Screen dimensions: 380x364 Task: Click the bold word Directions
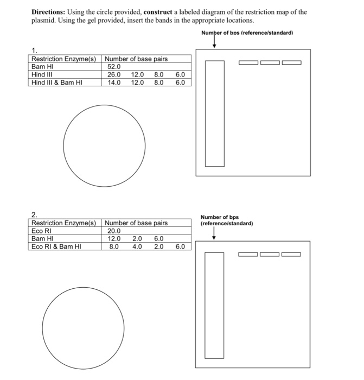click(x=47, y=12)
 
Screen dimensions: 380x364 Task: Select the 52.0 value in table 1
click(x=114, y=67)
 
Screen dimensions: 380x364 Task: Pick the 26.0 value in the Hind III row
click(x=114, y=75)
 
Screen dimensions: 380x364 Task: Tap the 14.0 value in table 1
click(x=114, y=83)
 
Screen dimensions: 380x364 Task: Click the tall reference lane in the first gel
click(x=214, y=113)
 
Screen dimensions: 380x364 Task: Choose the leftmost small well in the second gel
click(x=250, y=254)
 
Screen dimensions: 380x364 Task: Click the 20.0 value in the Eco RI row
click(x=114, y=231)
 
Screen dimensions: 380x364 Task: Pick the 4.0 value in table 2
click(x=137, y=246)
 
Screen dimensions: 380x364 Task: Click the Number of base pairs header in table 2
click(x=136, y=223)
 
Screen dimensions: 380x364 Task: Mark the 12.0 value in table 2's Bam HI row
click(x=114, y=238)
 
